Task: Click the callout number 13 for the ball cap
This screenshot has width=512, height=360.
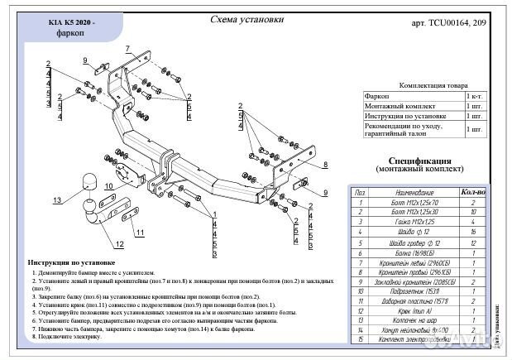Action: [56, 200]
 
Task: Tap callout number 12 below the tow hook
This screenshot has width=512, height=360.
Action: [119, 244]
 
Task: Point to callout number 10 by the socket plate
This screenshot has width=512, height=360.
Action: [108, 185]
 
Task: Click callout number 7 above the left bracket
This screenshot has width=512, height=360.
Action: [127, 49]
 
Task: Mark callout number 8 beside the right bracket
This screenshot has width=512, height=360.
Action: [325, 166]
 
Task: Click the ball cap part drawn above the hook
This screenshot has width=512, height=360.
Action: [89, 182]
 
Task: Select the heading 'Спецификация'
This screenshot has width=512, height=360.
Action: [419, 160]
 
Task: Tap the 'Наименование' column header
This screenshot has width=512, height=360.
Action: [410, 191]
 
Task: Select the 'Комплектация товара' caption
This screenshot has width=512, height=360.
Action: [433, 85]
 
